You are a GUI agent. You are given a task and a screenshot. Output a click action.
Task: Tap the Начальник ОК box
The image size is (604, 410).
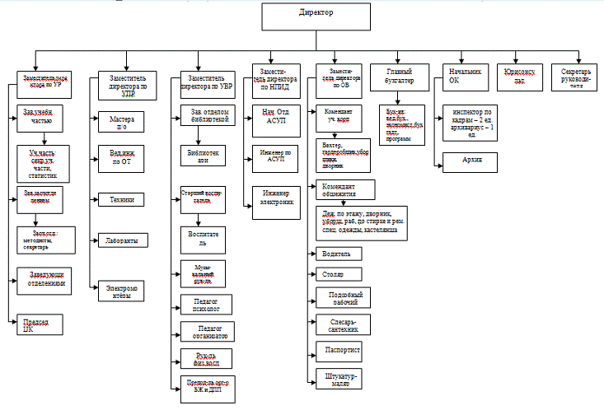click(465, 77)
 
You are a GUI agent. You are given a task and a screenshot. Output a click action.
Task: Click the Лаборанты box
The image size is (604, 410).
click(122, 240)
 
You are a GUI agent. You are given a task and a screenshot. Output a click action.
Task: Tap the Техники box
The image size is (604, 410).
click(122, 199)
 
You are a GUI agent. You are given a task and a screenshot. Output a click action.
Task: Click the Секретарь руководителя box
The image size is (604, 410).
click(577, 76)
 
